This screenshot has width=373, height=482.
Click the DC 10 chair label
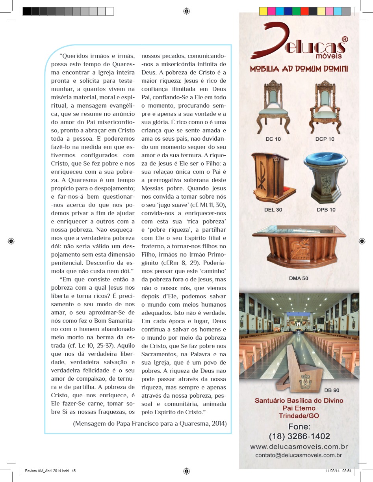click(x=273, y=139)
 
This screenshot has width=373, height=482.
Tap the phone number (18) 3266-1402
click(x=299, y=436)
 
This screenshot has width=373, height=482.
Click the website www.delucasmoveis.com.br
click(x=299, y=447)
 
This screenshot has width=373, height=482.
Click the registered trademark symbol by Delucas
click(x=345, y=39)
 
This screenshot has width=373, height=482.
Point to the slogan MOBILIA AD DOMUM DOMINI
click(x=299, y=69)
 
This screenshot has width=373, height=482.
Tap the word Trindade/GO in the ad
click(x=299, y=416)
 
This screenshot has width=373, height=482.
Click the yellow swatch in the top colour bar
click(x=263, y=11)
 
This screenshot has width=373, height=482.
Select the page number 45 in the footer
click(x=74, y=470)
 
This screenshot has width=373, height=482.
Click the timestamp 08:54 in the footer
click(x=347, y=470)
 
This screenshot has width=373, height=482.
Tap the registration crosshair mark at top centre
click(x=186, y=11)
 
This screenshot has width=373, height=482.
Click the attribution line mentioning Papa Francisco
click(x=150, y=424)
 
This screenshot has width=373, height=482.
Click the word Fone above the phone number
click(x=299, y=427)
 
